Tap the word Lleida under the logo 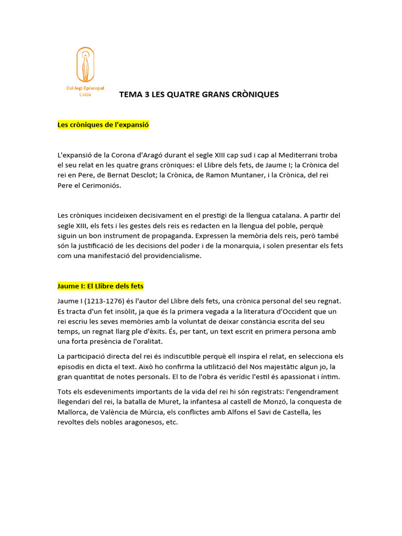[85, 95]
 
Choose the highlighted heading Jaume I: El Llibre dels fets [100, 286]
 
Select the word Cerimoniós [102, 185]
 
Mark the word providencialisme [171, 256]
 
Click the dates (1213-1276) [104, 301]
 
